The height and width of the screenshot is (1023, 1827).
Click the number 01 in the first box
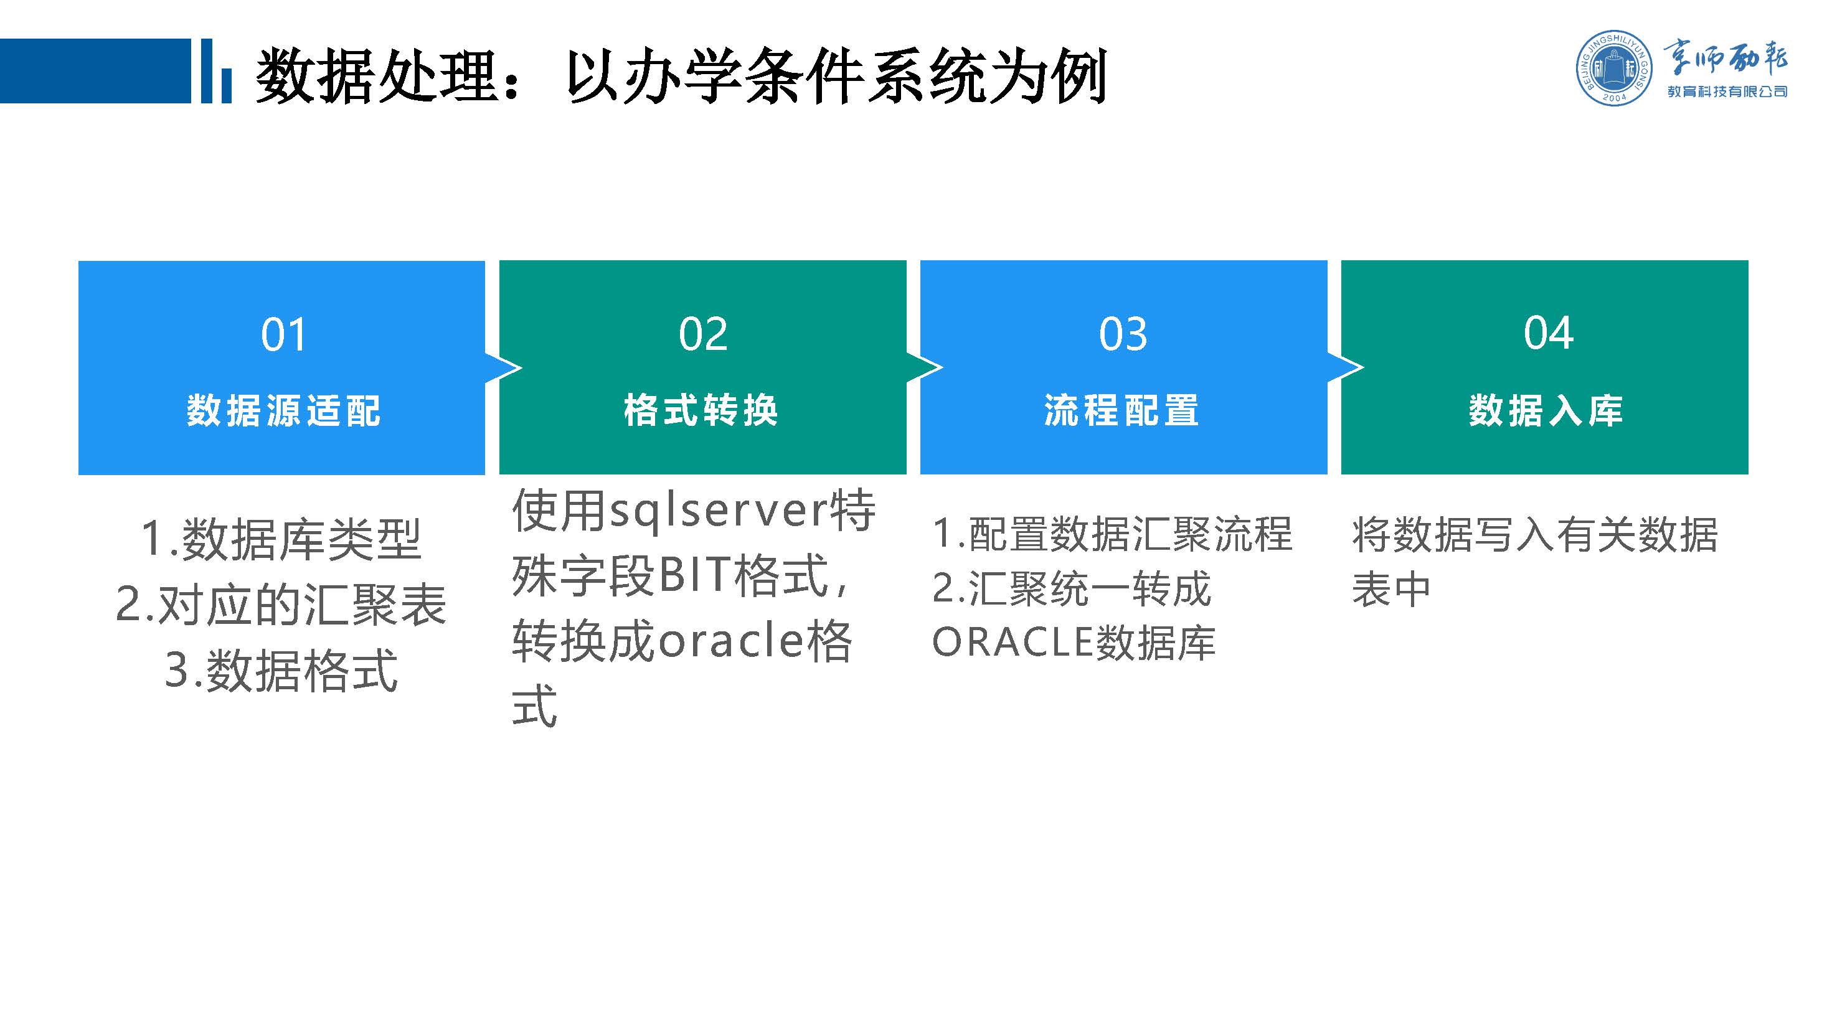tap(283, 334)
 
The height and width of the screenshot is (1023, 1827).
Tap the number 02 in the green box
tap(703, 334)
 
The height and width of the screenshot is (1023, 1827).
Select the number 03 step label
tap(1123, 334)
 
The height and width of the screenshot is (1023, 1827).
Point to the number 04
tap(1548, 333)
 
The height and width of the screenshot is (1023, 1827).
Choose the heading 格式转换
tap(701, 410)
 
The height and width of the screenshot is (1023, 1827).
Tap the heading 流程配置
tap(1121, 410)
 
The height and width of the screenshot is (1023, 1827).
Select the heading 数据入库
tap(1546, 410)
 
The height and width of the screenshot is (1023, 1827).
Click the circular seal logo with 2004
tap(1613, 68)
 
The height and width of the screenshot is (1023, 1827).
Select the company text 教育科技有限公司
tap(1727, 92)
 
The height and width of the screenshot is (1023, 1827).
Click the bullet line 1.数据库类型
tap(281, 539)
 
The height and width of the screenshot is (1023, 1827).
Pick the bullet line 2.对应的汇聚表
tap(281, 605)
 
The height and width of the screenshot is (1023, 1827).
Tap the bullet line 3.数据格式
tap(281, 671)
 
